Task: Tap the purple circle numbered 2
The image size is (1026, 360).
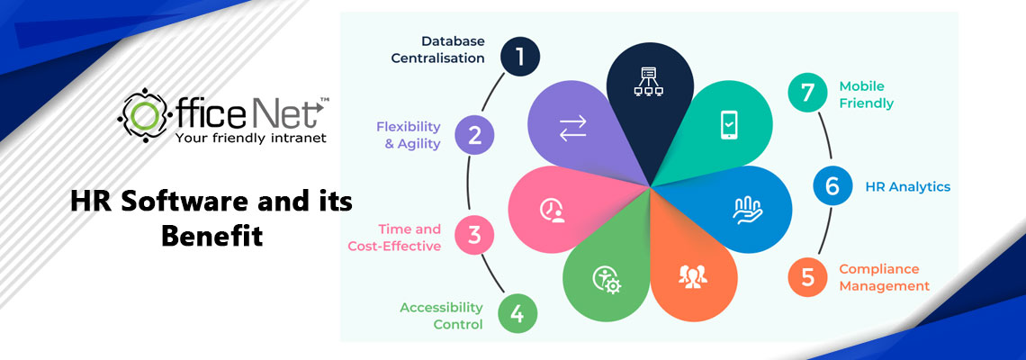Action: pyautogui.click(x=475, y=136)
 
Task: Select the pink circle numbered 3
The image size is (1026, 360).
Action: pyautogui.click(x=474, y=236)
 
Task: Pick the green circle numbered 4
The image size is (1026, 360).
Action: pyautogui.click(x=517, y=314)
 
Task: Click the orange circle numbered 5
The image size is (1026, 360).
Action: pyautogui.click(x=807, y=277)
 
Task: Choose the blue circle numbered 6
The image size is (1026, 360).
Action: pyautogui.click(x=832, y=186)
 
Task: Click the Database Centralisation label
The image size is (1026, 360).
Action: pyautogui.click(x=441, y=49)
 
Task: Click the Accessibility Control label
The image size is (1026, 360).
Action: pyautogui.click(x=441, y=316)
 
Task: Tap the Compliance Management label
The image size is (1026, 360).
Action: pyautogui.click(x=884, y=277)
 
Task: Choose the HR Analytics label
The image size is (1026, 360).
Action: pyautogui.click(x=907, y=186)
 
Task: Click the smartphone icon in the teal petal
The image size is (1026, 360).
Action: pyautogui.click(x=728, y=124)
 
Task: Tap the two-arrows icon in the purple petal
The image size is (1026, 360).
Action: pyautogui.click(x=572, y=127)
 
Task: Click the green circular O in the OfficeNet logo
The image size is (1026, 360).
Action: pyautogui.click(x=145, y=115)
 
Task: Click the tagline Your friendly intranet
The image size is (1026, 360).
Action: pyautogui.click(x=250, y=138)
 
